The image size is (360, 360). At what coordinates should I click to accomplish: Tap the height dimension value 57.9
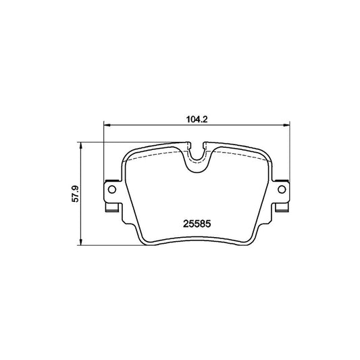pos(76,193)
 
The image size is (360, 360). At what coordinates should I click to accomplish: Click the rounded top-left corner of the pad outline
pos(126,154)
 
